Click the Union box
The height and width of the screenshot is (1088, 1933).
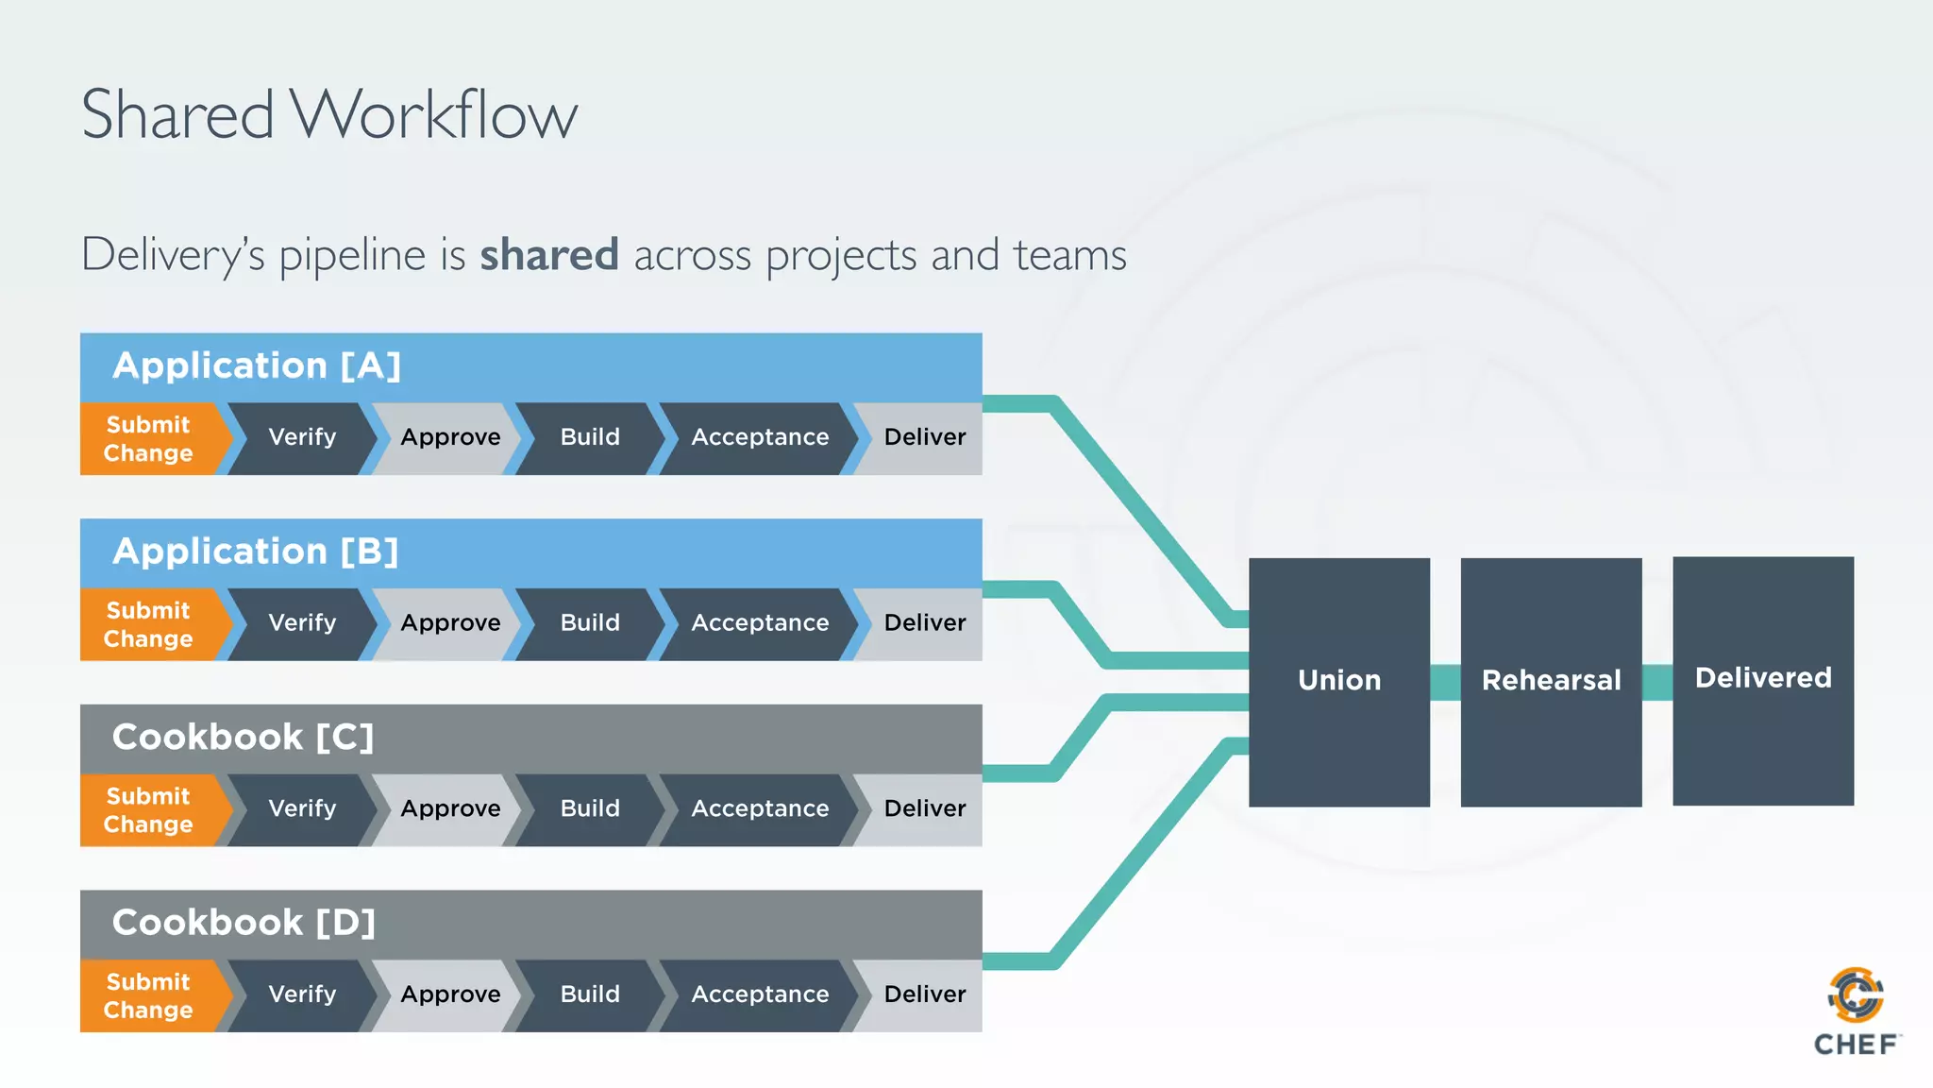(x=1338, y=681)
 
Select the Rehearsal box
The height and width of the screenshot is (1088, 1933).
(x=1551, y=681)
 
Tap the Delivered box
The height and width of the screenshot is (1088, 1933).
(x=1762, y=679)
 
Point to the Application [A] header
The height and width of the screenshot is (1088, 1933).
(x=257, y=365)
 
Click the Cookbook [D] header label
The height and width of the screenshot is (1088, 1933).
(x=244, y=923)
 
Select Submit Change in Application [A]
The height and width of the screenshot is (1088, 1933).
(x=149, y=439)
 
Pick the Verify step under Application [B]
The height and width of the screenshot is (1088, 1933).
(x=302, y=623)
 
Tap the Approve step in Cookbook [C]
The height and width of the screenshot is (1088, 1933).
(x=450, y=809)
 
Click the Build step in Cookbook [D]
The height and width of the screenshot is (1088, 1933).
(x=590, y=994)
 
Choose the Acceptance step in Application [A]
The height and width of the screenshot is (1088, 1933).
(x=760, y=437)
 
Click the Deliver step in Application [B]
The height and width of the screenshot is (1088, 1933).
(x=924, y=623)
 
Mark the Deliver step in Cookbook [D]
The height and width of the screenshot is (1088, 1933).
(x=924, y=994)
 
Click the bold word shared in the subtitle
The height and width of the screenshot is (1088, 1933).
(x=549, y=255)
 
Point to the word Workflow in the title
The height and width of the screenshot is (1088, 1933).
(x=433, y=115)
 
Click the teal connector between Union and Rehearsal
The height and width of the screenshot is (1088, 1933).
(x=1445, y=682)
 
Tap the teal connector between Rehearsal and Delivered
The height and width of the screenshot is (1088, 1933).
(x=1657, y=682)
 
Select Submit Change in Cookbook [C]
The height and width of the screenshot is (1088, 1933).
(x=149, y=810)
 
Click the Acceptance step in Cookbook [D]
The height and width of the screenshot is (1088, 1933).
(x=760, y=994)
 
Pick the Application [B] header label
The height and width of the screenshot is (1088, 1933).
(x=255, y=552)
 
